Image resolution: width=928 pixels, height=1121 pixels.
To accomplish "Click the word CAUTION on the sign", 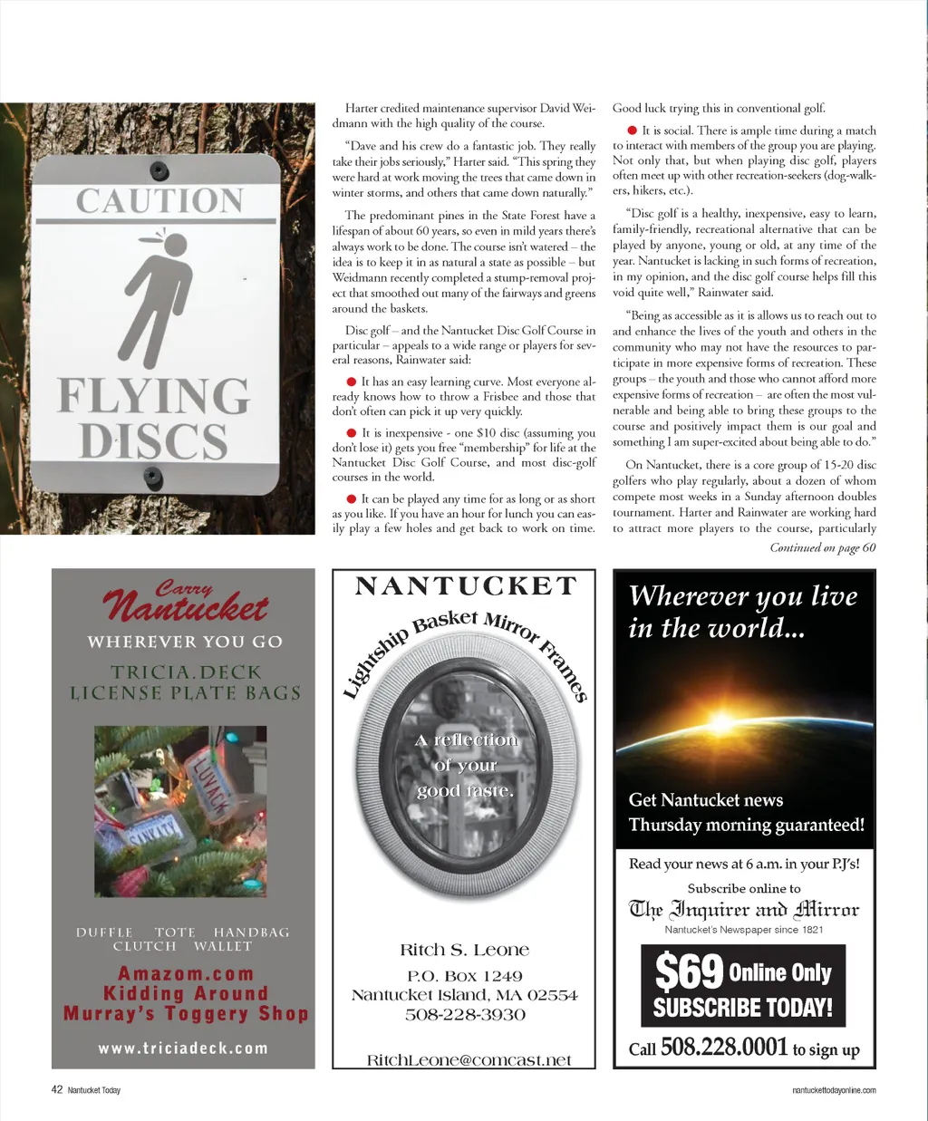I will click(159, 200).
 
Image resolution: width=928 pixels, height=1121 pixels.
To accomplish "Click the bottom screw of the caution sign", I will click(153, 475).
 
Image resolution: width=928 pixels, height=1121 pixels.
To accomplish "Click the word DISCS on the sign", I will click(153, 440).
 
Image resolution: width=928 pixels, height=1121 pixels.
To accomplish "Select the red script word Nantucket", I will click(185, 606).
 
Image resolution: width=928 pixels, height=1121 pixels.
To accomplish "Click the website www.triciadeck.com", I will click(183, 1049).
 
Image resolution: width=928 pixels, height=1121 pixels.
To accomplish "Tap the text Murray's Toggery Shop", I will click(186, 1014).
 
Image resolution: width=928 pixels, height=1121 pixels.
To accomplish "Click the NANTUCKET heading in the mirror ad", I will click(466, 586).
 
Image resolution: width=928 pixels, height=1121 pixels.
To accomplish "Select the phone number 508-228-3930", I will click(465, 1014).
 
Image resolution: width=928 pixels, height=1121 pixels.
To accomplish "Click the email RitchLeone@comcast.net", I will click(469, 1060).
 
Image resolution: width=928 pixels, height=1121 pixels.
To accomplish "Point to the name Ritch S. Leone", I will click(465, 950).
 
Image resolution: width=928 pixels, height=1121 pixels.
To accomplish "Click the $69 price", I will click(689, 972).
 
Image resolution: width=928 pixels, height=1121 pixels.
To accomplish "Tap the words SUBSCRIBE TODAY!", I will click(742, 1008).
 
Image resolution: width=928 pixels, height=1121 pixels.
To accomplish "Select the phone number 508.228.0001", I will click(724, 1048).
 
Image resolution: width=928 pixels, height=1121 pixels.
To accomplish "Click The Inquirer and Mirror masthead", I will click(744, 909).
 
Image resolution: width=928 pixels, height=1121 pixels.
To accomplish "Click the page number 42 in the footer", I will click(56, 1089).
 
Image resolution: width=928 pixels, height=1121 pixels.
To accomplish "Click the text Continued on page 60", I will click(823, 547).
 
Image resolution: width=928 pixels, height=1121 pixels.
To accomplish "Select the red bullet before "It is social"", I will click(632, 131).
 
